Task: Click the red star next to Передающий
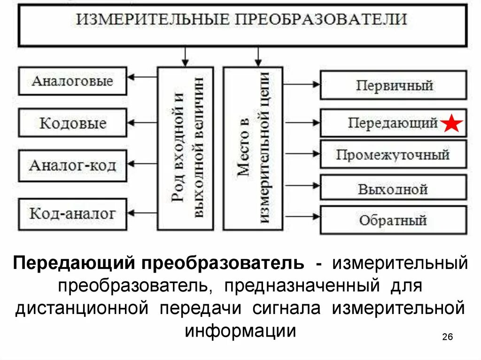pyautogui.click(x=452, y=123)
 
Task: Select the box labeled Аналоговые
pyautogui.click(x=73, y=81)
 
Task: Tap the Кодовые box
pyautogui.click(x=73, y=123)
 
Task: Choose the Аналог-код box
pyautogui.click(x=73, y=166)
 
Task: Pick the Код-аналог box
pyautogui.click(x=73, y=214)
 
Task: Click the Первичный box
pyautogui.click(x=394, y=85)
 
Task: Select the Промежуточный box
pyautogui.click(x=394, y=154)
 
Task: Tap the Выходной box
pyautogui.click(x=394, y=189)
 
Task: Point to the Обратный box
pyautogui.click(x=394, y=220)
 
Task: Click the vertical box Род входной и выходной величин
pyautogui.click(x=186, y=148)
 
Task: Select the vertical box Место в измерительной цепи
pyautogui.click(x=253, y=148)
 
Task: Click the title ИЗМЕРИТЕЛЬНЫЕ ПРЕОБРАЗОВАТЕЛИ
pyautogui.click(x=241, y=20)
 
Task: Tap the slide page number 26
pyautogui.click(x=447, y=337)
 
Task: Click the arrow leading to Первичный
pyautogui.click(x=303, y=84)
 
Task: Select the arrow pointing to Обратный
pyautogui.click(x=303, y=216)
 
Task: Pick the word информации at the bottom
pyautogui.click(x=240, y=331)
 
